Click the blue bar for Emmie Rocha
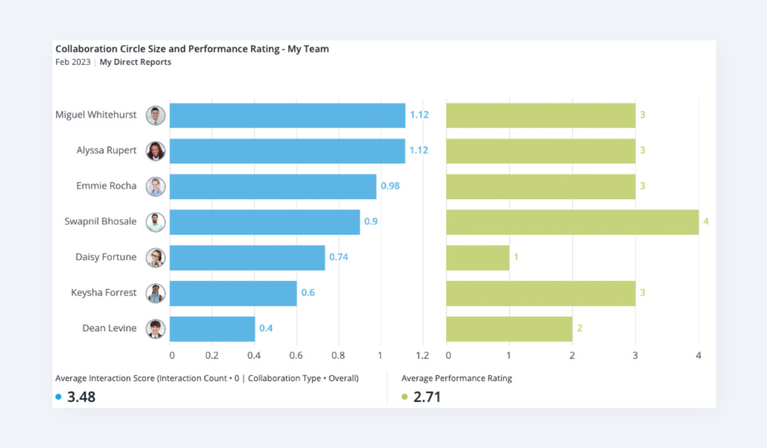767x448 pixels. (273, 186)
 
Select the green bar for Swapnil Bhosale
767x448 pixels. (572, 221)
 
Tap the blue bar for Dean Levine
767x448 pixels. (212, 328)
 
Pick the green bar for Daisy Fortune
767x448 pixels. (477, 257)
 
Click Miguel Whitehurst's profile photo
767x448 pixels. (155, 115)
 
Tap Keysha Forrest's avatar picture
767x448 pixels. (155, 293)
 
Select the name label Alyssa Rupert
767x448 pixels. (107, 150)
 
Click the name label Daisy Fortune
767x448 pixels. (106, 257)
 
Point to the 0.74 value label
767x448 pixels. (339, 257)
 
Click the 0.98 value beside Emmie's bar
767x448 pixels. (391, 186)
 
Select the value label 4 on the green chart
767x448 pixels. (706, 221)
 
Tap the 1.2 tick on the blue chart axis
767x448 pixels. (422, 355)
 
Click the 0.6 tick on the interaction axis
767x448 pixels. (297, 355)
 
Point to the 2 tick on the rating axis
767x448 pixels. (572, 355)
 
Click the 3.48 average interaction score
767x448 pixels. (81, 397)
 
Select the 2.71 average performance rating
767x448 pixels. (427, 397)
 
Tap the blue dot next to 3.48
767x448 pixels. (59, 397)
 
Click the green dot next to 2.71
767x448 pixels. (405, 397)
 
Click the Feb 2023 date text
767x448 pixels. (73, 62)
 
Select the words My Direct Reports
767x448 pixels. (136, 62)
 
